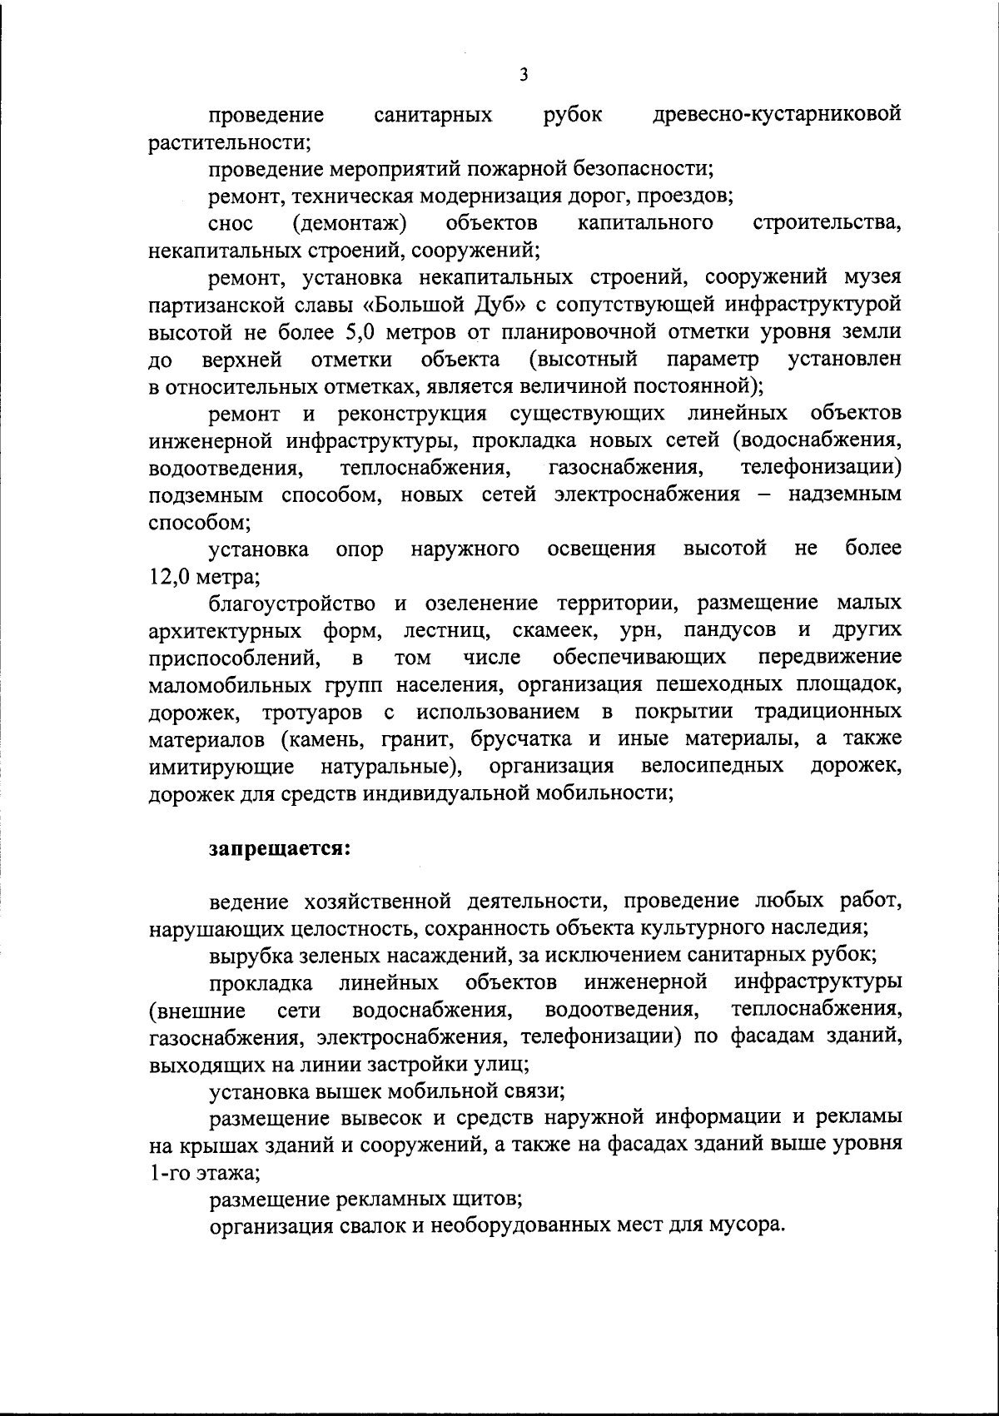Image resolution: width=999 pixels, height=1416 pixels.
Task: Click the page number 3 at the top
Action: coord(523,74)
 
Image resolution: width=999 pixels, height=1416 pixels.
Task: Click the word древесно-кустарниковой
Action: coord(778,113)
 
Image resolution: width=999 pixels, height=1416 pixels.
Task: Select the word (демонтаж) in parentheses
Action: coord(350,222)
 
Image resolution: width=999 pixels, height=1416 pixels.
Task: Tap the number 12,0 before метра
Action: coord(170,575)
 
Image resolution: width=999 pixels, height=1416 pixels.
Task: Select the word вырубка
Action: coord(246,954)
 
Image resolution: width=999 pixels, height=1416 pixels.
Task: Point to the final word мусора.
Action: coord(749,1226)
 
